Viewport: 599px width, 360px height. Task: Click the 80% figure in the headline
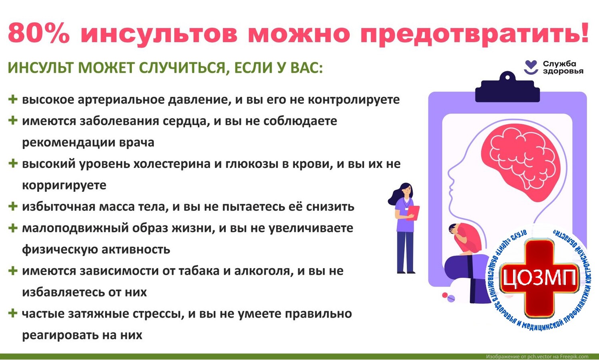pos(39,33)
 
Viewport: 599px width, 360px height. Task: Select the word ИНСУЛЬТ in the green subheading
pos(41,68)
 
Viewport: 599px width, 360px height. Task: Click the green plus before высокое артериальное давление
pos(13,99)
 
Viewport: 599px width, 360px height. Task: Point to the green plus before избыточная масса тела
pos(13,206)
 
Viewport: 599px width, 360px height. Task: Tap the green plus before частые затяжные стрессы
pos(13,313)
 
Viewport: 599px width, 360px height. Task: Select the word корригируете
pos(64,185)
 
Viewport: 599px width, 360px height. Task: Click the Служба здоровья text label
pos(563,68)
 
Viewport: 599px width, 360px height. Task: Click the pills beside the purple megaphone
pos(448,296)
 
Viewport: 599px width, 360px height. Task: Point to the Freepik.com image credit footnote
pos(537,356)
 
